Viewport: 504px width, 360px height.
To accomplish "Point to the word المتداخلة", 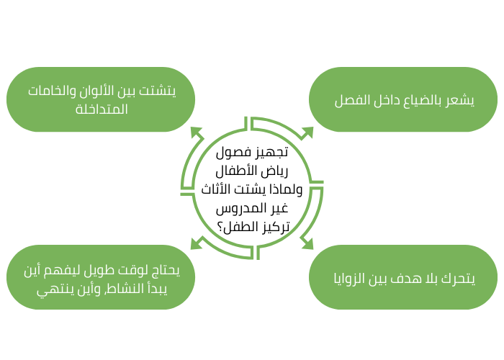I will (x=102, y=109).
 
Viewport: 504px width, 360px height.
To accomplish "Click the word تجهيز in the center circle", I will (x=271, y=152).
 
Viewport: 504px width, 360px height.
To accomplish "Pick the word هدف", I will (x=413, y=277).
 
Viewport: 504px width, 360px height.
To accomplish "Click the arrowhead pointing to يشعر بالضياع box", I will (x=307, y=132).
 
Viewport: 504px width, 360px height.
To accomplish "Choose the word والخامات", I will (x=55, y=91).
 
